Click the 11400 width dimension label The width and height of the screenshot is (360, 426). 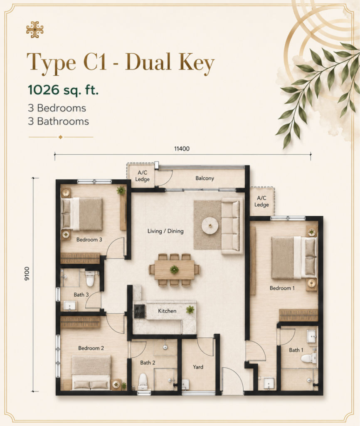pos(182,149)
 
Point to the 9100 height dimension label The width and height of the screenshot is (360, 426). pos(27,274)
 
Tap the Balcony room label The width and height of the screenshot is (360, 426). pos(205,178)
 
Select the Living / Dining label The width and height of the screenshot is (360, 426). pos(165,231)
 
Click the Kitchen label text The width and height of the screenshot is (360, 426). pos(167,311)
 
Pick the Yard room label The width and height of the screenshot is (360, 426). pos(198,367)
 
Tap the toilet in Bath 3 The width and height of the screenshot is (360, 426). pos(90,278)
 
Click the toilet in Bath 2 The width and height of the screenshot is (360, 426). pos(143,380)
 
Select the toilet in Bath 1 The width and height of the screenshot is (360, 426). pos(309,358)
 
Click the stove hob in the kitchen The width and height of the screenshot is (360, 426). pos(140,311)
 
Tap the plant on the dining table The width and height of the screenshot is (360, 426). pos(174,270)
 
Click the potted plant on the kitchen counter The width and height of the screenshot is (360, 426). pos(190,310)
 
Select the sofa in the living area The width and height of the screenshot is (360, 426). pos(232,226)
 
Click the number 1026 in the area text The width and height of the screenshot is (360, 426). pos(43,90)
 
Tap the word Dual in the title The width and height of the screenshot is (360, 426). pos(148,62)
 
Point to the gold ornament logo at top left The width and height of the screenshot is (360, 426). pos(35,30)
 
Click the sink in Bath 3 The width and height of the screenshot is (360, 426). pos(70,306)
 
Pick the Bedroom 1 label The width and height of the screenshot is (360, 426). pos(282,288)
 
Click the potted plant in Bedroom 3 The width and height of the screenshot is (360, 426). pos(121,190)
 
